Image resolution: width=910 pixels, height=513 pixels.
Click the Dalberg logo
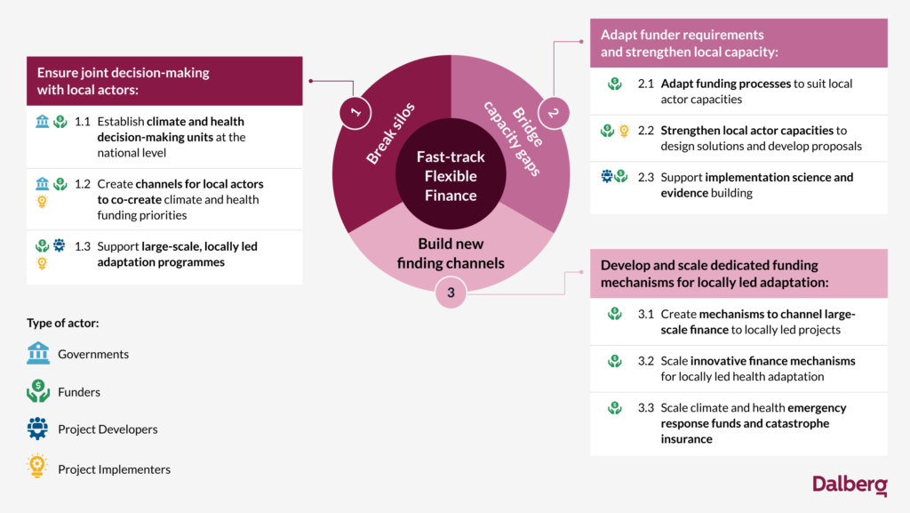pyautogui.click(x=850, y=485)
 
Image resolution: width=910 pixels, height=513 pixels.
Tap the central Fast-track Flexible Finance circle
pyautogui.click(x=451, y=176)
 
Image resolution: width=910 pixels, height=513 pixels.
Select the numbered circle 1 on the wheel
pyautogui.click(x=355, y=111)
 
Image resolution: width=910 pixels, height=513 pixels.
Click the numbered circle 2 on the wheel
pyautogui.click(x=553, y=113)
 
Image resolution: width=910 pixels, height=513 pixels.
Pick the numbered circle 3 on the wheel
pyautogui.click(x=451, y=293)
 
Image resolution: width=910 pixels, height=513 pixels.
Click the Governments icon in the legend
pyautogui.click(x=38, y=354)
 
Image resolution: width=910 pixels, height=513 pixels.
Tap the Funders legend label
pyautogui.click(x=79, y=392)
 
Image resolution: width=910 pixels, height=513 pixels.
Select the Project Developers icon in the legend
pyautogui.click(x=38, y=429)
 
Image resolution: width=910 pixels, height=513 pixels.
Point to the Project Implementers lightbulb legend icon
pyautogui.click(x=38, y=468)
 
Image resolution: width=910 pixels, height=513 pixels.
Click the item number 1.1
pyautogui.click(x=83, y=121)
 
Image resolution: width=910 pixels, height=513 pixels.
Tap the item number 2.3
pyautogui.click(x=646, y=177)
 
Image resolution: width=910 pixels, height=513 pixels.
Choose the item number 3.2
pyautogui.click(x=646, y=361)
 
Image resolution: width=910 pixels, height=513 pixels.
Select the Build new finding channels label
pyautogui.click(x=451, y=253)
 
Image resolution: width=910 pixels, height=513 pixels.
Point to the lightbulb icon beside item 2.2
pyautogui.click(x=624, y=131)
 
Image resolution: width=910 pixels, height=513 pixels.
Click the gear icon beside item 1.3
pyautogui.click(x=59, y=245)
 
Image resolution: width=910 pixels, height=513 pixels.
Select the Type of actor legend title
pyautogui.click(x=62, y=323)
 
